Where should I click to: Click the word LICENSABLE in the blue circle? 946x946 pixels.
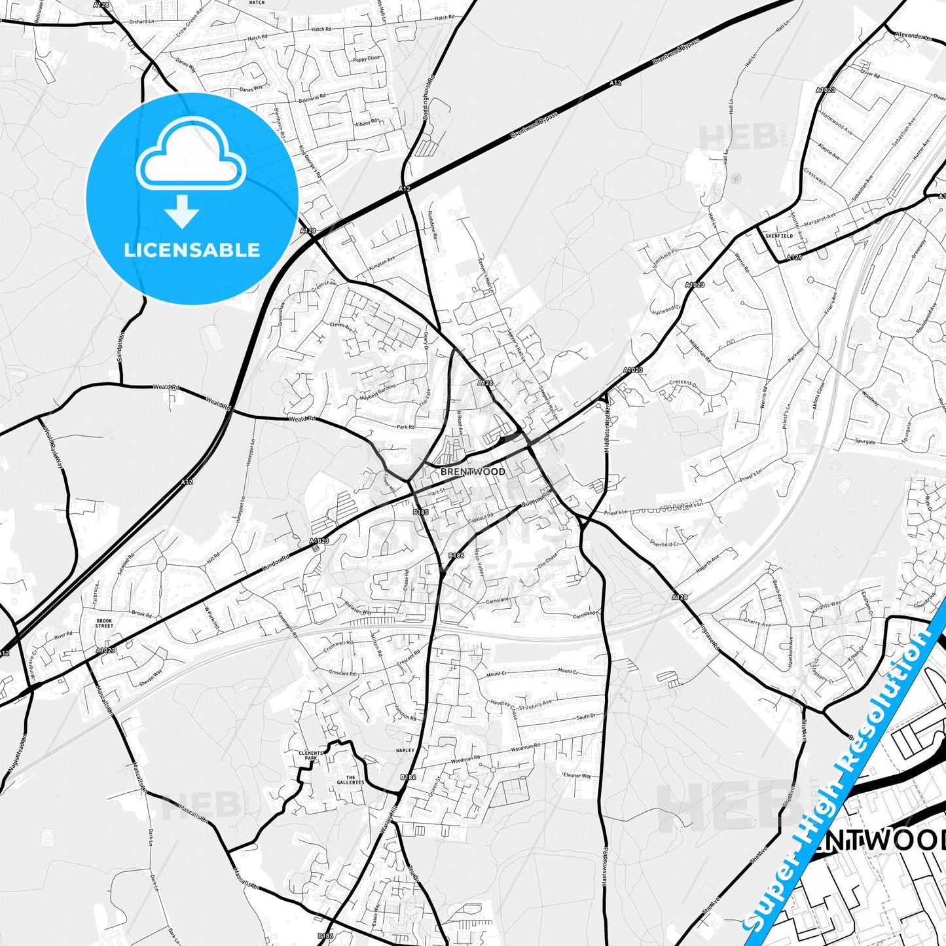[192, 249]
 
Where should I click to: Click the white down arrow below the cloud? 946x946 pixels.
[182, 212]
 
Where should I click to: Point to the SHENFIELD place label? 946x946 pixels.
[779, 236]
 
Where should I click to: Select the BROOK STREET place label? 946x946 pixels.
[104, 623]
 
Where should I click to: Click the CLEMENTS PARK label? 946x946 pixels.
[311, 755]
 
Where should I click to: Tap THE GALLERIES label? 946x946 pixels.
[350, 780]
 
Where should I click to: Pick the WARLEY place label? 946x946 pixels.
[405, 750]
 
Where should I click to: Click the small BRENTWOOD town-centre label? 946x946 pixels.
[473, 471]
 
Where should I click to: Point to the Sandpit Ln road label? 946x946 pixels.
[120, 342]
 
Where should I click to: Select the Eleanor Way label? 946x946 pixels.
[576, 775]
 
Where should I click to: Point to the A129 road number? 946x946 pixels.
[794, 257]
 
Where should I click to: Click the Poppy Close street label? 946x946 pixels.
[366, 58]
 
